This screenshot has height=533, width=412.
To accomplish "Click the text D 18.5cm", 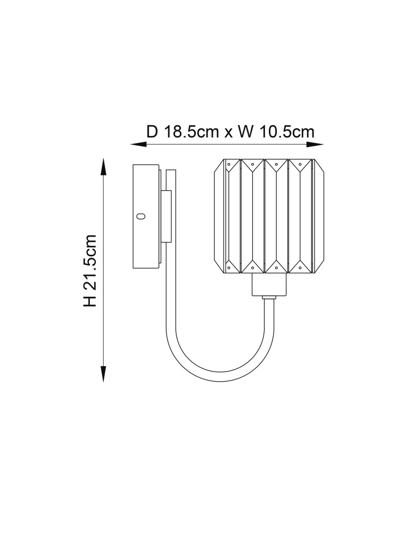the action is (182, 132).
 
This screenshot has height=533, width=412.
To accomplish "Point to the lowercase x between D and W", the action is (228, 133).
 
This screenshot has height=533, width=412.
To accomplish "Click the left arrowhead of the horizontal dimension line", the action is (138, 144).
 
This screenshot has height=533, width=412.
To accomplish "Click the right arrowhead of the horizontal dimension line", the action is (315, 144).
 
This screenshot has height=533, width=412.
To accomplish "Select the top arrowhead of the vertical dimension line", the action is (103, 166).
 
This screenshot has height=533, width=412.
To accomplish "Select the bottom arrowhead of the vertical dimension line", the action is (103, 375).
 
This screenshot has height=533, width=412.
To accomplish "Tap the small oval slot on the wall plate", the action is (141, 216).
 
